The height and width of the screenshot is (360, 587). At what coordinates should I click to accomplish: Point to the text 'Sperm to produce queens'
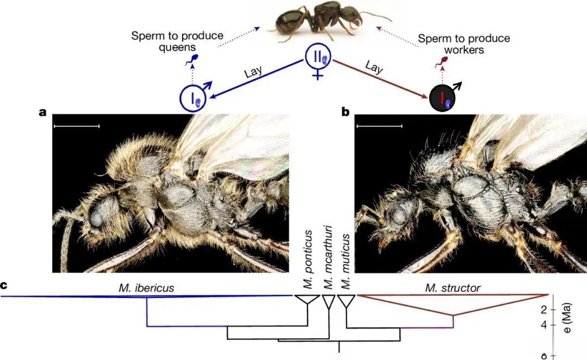177,41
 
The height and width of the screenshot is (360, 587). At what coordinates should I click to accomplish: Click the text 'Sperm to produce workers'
464,44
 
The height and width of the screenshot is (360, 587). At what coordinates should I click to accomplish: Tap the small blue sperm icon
192,59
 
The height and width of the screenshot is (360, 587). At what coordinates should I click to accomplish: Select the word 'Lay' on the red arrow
373,68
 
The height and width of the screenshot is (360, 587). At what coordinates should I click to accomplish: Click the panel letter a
42,113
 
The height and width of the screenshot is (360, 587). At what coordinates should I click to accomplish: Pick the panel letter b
345,113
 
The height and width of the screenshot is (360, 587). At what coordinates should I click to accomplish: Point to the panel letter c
4,285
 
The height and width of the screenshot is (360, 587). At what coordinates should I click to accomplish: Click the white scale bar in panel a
77,126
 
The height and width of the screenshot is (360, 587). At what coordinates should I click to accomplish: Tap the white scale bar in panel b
379,126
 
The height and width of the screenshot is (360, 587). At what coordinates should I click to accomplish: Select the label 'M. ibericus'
146,288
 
